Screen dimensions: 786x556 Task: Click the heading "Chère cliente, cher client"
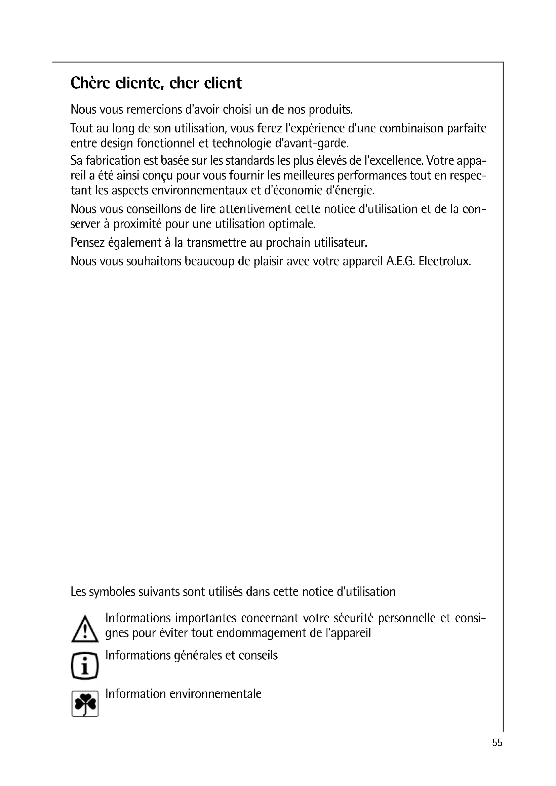tap(156, 83)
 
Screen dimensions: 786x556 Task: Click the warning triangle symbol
tap(85, 629)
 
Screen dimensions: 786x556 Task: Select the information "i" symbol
tap(85, 666)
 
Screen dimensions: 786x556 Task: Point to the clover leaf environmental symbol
tap(85, 704)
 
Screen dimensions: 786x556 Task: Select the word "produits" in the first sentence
tap(330, 110)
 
